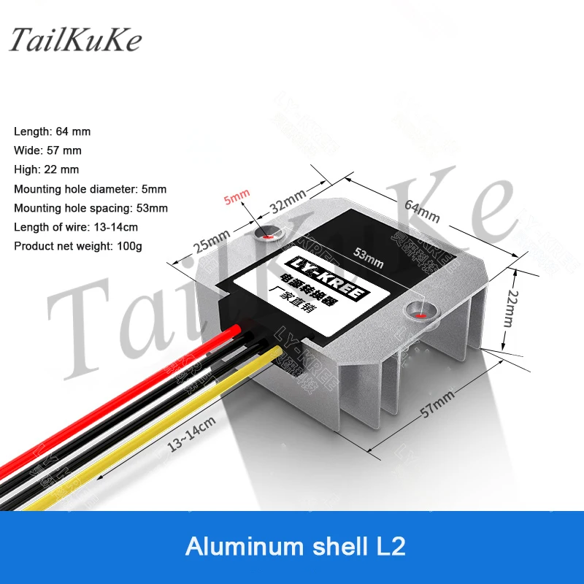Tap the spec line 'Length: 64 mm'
[x=52, y=131]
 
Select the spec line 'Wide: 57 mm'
[x=47, y=150]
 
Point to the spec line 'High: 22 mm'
[x=46, y=169]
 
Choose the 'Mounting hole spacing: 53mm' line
[x=91, y=207]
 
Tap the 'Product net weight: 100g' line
[x=78, y=245]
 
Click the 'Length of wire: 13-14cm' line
[x=76, y=226]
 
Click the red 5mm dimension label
[x=237, y=196]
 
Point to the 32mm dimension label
[x=288, y=199]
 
